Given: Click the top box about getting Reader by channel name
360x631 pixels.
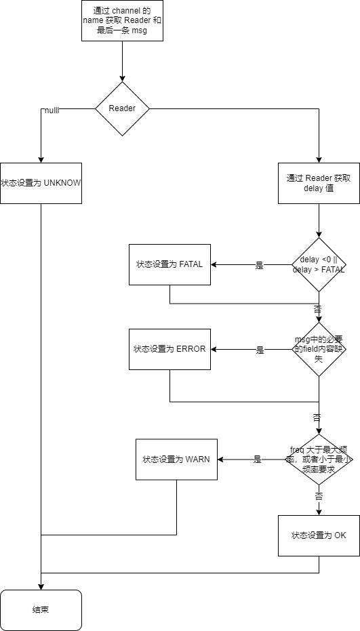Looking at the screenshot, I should tap(122, 20).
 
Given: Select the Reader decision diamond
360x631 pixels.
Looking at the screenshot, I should tap(122, 108).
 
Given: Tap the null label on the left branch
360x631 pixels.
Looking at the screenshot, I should tap(52, 110).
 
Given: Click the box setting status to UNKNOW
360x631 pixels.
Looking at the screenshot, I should tap(41, 183).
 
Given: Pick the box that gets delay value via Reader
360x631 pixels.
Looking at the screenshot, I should tap(319, 183).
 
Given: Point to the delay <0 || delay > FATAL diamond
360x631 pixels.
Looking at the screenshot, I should tap(319, 264).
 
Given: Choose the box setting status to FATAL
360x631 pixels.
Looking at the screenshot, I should tap(169, 264).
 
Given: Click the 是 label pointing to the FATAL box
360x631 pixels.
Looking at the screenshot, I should tap(259, 266).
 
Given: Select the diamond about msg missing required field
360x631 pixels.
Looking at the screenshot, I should tap(319, 349).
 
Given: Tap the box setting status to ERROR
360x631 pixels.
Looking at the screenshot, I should tap(169, 349).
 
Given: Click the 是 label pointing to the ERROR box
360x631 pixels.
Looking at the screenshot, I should tap(260, 350).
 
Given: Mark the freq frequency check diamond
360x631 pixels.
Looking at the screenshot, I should tap(319, 459).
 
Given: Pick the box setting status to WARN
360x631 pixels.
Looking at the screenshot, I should tap(176, 459).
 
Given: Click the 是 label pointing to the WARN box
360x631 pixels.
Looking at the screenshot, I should tap(257, 460).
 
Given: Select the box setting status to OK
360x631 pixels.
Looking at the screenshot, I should tap(319, 535).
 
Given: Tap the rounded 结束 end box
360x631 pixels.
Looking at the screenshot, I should tap(41, 610).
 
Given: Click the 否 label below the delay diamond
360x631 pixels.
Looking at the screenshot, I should tap(318, 308).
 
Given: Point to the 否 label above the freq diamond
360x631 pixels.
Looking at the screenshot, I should tap(317, 418).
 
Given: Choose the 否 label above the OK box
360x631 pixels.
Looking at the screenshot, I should tap(319, 497).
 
